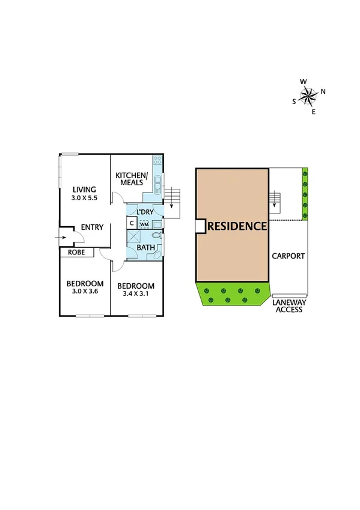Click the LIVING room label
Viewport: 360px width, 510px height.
84,189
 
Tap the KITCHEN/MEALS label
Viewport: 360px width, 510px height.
131,179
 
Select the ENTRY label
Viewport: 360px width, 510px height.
93,227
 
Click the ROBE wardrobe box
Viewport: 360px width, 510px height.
76,253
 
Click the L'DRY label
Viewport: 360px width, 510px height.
145,213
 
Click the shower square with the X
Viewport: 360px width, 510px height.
133,236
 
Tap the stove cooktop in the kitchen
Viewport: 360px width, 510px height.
157,161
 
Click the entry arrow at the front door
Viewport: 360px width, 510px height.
63,238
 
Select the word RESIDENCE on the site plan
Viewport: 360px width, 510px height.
237,226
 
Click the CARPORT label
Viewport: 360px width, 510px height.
288,256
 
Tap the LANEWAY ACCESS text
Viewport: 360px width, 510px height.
290,306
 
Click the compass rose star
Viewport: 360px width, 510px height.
308,95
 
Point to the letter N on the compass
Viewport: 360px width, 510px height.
323,91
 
